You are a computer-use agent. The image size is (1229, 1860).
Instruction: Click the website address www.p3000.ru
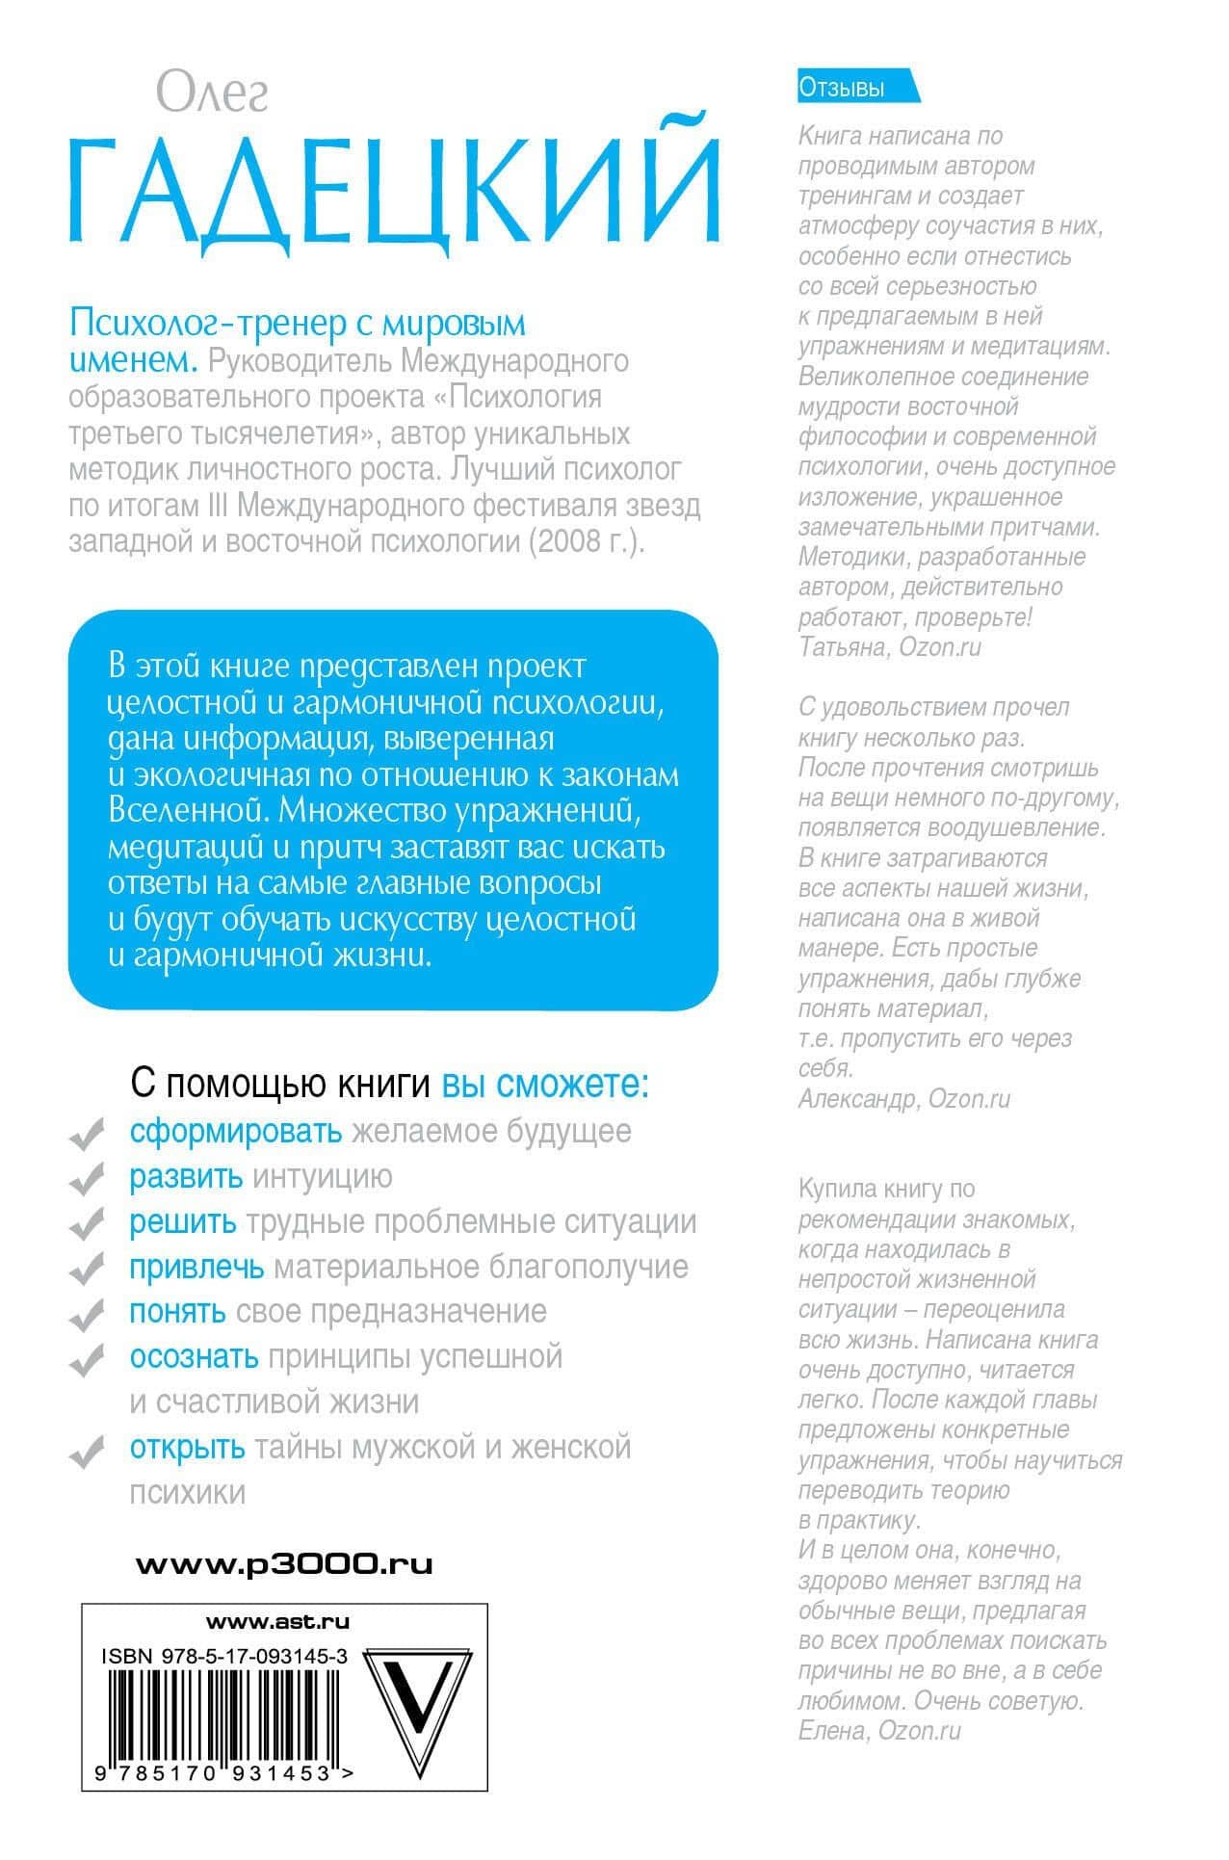coord(284,1564)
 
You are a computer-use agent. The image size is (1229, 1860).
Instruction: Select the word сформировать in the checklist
coord(236,1131)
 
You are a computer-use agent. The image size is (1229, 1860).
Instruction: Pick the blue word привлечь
coord(196,1267)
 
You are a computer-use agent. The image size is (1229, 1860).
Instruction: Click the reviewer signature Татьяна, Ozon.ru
coord(889,646)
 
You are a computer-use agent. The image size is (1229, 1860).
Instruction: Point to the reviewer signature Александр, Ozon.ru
coord(903,1098)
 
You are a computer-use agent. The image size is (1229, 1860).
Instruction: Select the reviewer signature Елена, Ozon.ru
coord(879,1730)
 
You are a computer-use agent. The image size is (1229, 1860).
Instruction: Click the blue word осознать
coord(194,1356)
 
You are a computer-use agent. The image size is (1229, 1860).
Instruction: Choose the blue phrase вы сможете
coord(545,1085)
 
